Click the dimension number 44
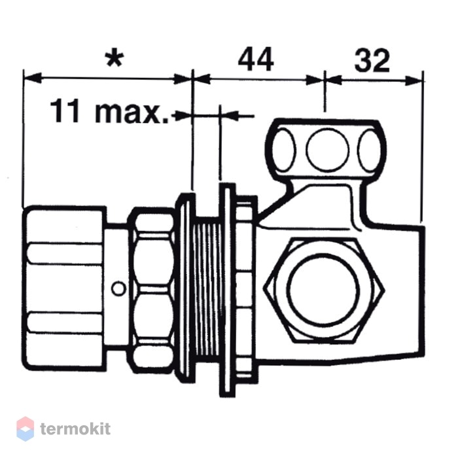click(256, 60)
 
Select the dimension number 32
click(372, 61)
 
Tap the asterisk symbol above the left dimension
click(114, 59)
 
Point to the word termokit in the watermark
click(75, 429)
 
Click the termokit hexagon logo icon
click(25, 429)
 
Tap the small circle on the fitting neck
click(118, 289)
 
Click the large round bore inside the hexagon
click(323, 289)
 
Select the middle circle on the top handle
click(327, 149)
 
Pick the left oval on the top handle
click(284, 150)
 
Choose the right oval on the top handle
click(370, 150)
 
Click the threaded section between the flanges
click(208, 290)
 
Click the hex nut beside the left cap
click(152, 290)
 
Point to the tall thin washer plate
click(228, 290)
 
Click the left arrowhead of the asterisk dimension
click(32, 78)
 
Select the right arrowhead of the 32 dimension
click(414, 80)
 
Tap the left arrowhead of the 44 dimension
click(202, 79)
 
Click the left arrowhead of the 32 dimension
click(333, 80)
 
